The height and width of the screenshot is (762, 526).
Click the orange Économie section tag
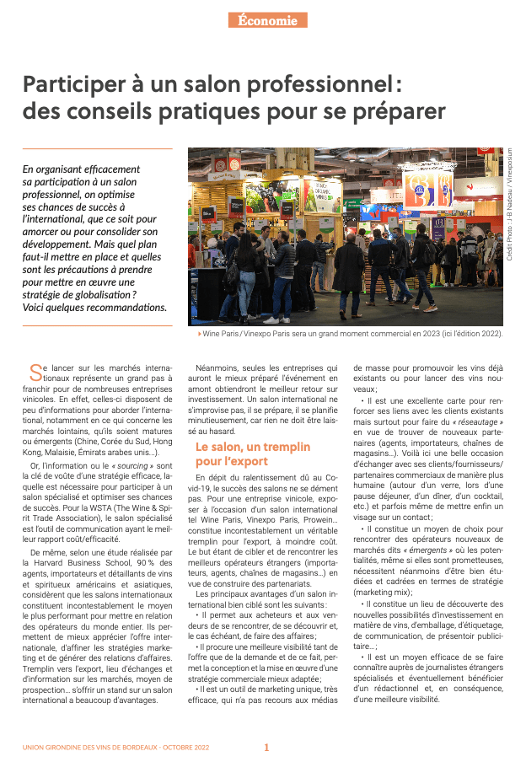tap(267, 20)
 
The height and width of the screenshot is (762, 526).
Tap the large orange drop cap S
tap(35, 372)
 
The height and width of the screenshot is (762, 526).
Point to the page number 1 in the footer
tap(266, 747)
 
